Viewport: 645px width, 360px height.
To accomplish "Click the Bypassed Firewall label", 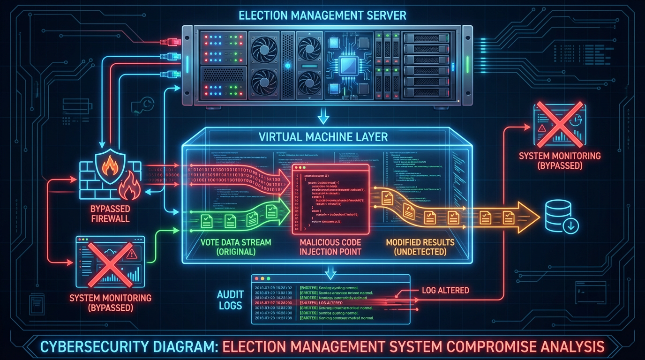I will (x=111, y=213).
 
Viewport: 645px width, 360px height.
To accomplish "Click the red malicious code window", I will (x=330, y=199).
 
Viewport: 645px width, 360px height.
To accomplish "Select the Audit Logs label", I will (x=230, y=300).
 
